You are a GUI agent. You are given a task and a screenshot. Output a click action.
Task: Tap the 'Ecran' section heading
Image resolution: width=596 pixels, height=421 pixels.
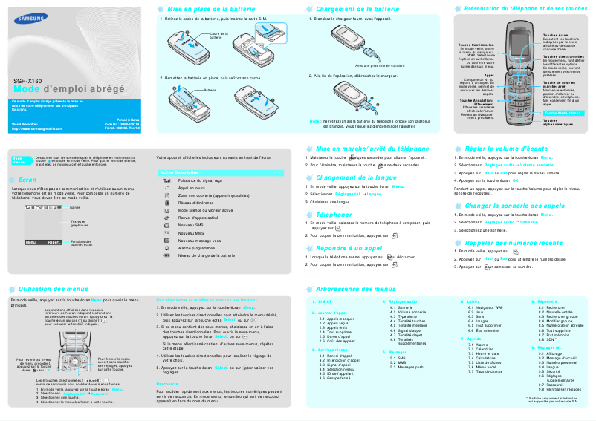(x=27, y=180)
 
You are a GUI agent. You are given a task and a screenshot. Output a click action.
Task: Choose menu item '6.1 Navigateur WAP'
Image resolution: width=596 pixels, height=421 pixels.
(x=490, y=307)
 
